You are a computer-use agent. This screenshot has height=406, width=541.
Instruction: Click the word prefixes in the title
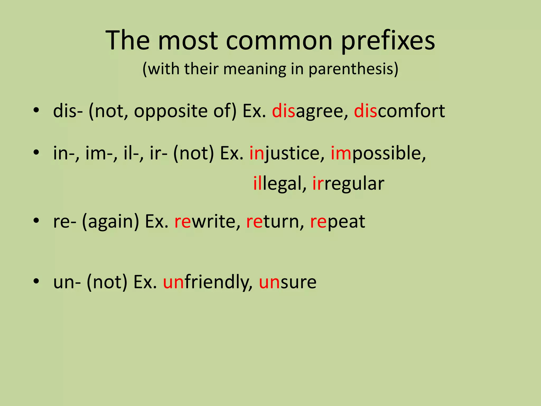388,41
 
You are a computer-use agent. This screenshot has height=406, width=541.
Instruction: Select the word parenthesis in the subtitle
353,69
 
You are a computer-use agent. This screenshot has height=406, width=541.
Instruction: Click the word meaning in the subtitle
254,69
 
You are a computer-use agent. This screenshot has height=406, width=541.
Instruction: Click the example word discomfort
399,111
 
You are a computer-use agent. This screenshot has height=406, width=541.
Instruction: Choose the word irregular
348,183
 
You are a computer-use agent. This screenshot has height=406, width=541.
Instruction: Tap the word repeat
337,222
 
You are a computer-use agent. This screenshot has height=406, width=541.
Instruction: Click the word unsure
287,282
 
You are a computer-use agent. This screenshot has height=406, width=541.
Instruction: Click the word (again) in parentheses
110,222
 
